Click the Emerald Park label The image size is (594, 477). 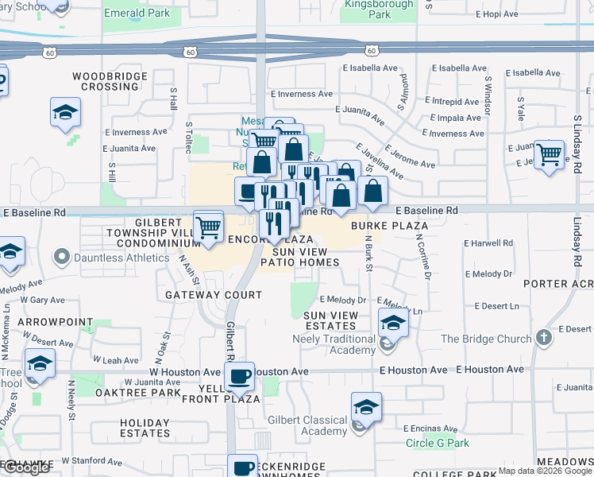pyautogui.click(x=137, y=14)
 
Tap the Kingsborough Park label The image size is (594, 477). pyautogui.click(x=368, y=10)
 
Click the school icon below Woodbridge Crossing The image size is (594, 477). pyautogui.click(x=65, y=113)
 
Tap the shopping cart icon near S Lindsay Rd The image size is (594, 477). pyautogui.click(x=549, y=155)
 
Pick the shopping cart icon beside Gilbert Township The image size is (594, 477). pyautogui.click(x=208, y=227)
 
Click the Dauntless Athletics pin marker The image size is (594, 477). pyautogui.click(x=62, y=257)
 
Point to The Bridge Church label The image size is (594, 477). pyautogui.click(x=485, y=339)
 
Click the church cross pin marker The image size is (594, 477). pyautogui.click(x=542, y=338)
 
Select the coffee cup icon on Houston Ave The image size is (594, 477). pyautogui.click(x=240, y=375)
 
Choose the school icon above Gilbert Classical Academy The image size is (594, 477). pyautogui.click(x=366, y=407)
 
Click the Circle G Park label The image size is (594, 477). pyautogui.click(x=438, y=444)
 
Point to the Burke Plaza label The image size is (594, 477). pyautogui.click(x=391, y=226)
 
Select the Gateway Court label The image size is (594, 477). pyautogui.click(x=213, y=295)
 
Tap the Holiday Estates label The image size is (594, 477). pyautogui.click(x=145, y=428)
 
